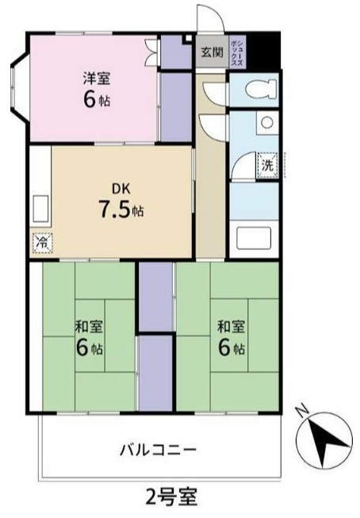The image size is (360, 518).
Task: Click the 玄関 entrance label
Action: [x=211, y=52]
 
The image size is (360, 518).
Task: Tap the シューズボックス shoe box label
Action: [x=236, y=52]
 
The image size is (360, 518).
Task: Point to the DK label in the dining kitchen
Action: [x=120, y=188]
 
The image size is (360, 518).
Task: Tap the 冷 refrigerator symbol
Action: [x=40, y=241]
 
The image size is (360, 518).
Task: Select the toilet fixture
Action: [x=255, y=89]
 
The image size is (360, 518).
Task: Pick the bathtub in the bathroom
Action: [x=255, y=238]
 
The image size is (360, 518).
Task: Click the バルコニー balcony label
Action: [x=158, y=450]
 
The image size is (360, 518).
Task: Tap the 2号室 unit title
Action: [x=171, y=497]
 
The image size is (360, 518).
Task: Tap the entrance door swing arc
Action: [x=209, y=18]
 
